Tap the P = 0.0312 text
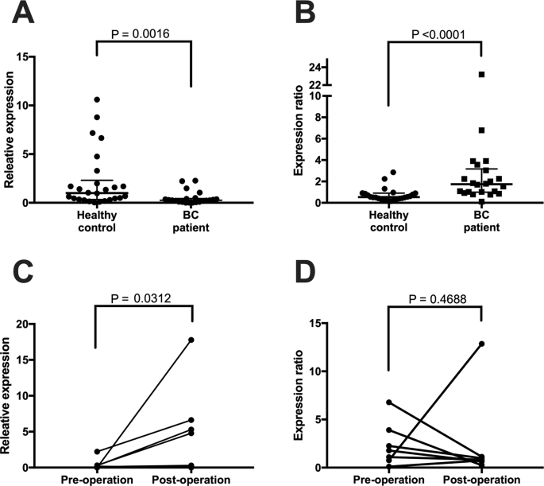pos(142,300)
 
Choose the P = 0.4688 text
pos(434,300)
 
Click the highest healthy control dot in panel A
pos(96,99)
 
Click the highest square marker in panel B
pos(481,74)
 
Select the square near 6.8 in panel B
pos(481,130)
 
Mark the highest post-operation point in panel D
pos(481,344)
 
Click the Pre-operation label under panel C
pos(95,480)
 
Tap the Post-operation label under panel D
pos(481,480)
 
